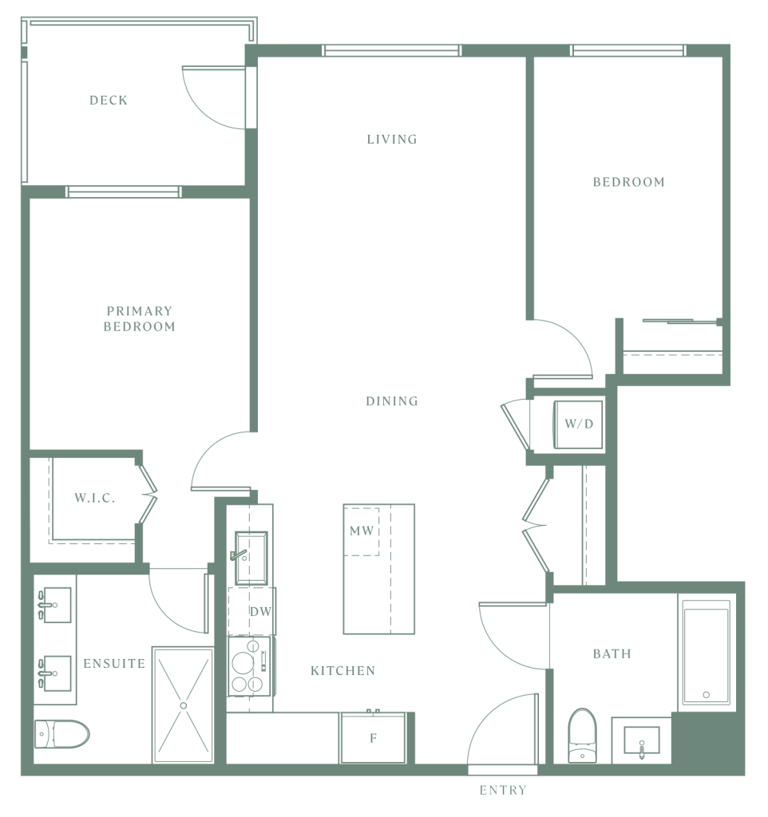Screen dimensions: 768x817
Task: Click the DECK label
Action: [109, 100]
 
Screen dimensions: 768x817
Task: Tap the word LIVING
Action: [392, 139]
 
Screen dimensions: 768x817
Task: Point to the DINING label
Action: [392, 401]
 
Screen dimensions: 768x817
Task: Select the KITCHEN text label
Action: [343, 670]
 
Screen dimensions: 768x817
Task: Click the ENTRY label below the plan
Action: [503, 791]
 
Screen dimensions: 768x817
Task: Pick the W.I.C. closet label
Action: [95, 498]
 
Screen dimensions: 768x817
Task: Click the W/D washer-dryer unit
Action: [578, 424]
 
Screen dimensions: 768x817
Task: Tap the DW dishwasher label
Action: [260, 611]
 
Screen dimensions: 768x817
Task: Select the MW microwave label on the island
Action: [362, 531]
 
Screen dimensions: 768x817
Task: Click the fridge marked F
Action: [373, 738]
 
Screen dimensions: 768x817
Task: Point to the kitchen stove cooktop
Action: [250, 666]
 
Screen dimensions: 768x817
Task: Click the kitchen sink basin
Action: [251, 558]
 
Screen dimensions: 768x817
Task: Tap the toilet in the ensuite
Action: [61, 734]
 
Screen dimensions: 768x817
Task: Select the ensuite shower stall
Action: [183, 705]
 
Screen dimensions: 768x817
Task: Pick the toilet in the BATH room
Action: [582, 735]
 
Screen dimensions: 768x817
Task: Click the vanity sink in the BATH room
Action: [642, 740]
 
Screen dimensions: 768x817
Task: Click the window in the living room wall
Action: [391, 50]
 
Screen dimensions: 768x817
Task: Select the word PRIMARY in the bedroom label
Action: [139, 311]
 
